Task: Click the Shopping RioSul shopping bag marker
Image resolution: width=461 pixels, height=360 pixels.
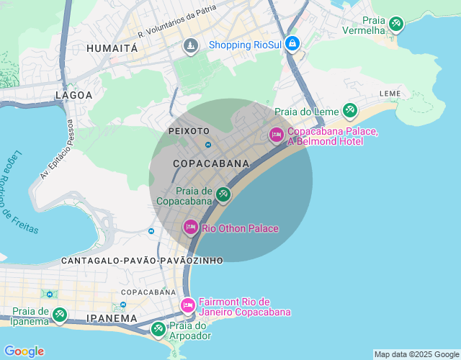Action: tap(292, 44)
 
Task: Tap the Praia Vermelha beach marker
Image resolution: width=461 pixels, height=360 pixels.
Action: tap(395, 24)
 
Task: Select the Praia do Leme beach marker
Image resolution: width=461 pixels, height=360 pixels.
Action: tap(349, 110)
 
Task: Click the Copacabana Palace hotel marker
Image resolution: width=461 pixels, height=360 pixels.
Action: tap(277, 135)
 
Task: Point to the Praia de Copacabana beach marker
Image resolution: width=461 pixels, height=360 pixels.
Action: tap(223, 194)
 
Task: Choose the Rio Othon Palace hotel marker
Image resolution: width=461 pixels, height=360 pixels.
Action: tap(190, 228)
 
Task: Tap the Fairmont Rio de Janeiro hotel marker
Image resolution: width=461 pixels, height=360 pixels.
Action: tap(187, 306)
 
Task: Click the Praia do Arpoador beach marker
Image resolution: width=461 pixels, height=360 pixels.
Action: tap(158, 329)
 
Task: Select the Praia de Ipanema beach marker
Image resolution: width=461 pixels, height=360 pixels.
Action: tap(60, 315)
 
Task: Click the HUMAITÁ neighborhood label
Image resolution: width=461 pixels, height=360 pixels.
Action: tap(112, 48)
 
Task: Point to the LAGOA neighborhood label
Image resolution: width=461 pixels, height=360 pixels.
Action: tap(74, 94)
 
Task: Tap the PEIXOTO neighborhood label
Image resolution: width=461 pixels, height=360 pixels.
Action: tap(188, 131)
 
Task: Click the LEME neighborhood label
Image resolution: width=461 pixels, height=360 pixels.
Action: tap(390, 94)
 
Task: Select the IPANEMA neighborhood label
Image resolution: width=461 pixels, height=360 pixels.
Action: tap(111, 318)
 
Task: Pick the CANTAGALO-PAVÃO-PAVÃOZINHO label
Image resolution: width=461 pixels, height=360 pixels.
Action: tap(142, 259)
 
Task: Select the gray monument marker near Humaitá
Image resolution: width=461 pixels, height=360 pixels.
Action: tap(190, 46)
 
